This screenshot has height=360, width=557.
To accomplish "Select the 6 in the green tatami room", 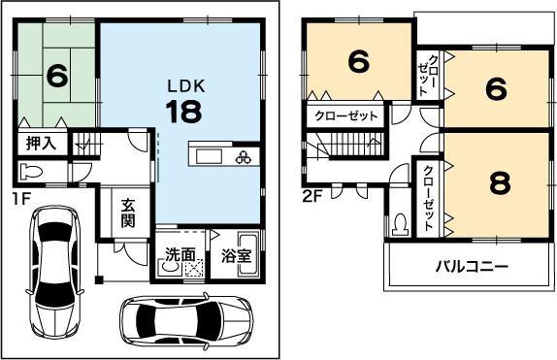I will pos(56,75).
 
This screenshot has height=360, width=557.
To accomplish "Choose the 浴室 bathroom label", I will pos(236,258).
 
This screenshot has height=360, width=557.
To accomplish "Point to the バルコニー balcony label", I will pos(471,266).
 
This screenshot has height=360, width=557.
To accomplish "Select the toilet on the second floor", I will pos(400,223).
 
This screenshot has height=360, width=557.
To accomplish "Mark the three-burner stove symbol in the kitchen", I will pos(242,157).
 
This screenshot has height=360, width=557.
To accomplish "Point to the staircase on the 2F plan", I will pos(354,150).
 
